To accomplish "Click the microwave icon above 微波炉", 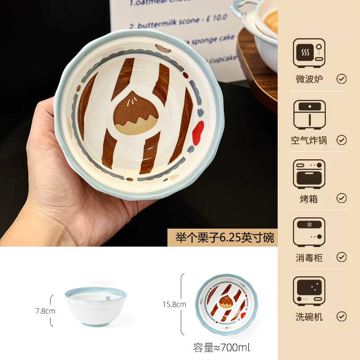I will pyautogui.click(x=309, y=53).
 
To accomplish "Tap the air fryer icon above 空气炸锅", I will pyautogui.click(x=309, y=114).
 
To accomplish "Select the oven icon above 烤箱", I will pyautogui.click(x=309, y=174).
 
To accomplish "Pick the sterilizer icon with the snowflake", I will pyautogui.click(x=309, y=233).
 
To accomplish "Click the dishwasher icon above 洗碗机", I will pyautogui.click(x=309, y=292).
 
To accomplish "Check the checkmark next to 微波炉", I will pyautogui.click(x=342, y=79).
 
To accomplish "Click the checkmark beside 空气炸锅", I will pyautogui.click(x=342, y=140).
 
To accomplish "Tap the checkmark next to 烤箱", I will pyautogui.click(x=342, y=198).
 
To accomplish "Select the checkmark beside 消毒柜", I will pyautogui.click(x=342, y=257).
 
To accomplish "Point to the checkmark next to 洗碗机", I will pyautogui.click(x=342, y=316).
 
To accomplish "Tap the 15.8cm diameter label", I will pyautogui.click(x=174, y=305).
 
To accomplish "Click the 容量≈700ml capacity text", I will pyautogui.click(x=221, y=347).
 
